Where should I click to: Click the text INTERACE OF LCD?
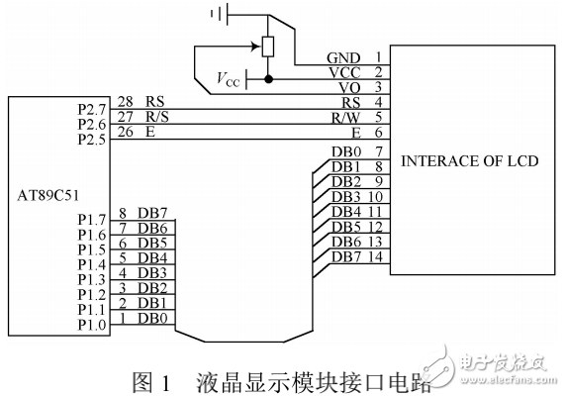tap(467, 160)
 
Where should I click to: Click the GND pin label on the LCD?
tap(343, 57)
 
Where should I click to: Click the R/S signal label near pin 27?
tap(158, 116)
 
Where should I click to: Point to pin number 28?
tap(126, 101)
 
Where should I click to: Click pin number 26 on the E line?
tap(126, 131)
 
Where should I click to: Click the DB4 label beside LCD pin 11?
tap(345, 212)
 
